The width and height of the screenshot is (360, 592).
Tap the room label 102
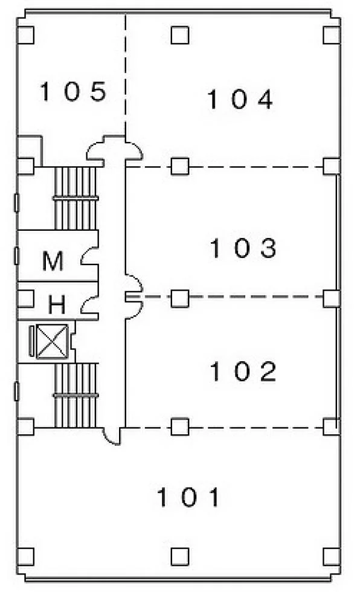(243, 371)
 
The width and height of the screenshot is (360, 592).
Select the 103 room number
(243, 248)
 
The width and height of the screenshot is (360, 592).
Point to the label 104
(240, 99)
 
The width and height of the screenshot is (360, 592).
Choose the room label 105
(74, 91)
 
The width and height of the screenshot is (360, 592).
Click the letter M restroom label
(53, 261)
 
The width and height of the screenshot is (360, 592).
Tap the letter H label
(57, 304)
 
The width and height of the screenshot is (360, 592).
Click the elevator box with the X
(53, 341)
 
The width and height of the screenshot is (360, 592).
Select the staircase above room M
(76, 198)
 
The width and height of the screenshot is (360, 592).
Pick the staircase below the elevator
(76, 395)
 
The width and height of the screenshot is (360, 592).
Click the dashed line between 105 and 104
(126, 75)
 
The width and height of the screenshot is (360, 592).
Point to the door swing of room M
(90, 255)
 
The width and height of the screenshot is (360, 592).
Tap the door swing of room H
(90, 304)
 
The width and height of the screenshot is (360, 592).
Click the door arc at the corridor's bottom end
(111, 436)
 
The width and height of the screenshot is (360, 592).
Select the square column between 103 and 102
(180, 298)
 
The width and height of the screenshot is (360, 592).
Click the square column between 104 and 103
(180, 166)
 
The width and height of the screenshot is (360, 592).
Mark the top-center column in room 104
(180, 35)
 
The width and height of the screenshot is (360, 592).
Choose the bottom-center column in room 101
(180, 556)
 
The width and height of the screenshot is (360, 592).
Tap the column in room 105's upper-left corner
(25, 35)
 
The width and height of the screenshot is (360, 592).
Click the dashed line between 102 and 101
(225, 428)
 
